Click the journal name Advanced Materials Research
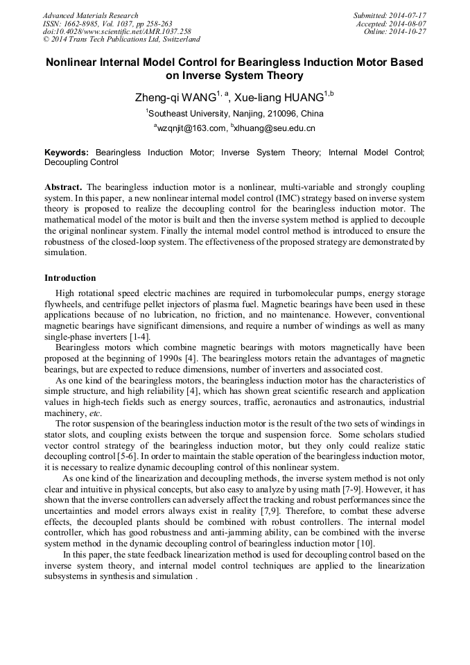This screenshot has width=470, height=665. tap(90, 15)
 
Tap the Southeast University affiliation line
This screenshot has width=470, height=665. tap(234, 114)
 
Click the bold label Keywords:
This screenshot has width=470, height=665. tap(67, 152)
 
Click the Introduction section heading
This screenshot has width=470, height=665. tap(70, 278)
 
